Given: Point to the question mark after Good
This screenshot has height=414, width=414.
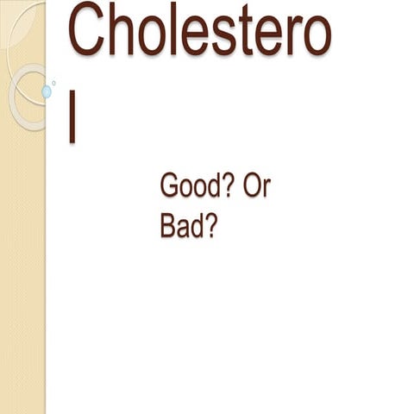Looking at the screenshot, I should (x=229, y=186).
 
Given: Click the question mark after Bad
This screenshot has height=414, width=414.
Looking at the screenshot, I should (x=208, y=225).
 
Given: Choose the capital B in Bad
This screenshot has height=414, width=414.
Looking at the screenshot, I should (x=167, y=225).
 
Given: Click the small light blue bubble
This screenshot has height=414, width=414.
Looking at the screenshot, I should (x=47, y=91).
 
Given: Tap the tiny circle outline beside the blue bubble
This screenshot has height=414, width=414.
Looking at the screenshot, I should (x=53, y=83).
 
